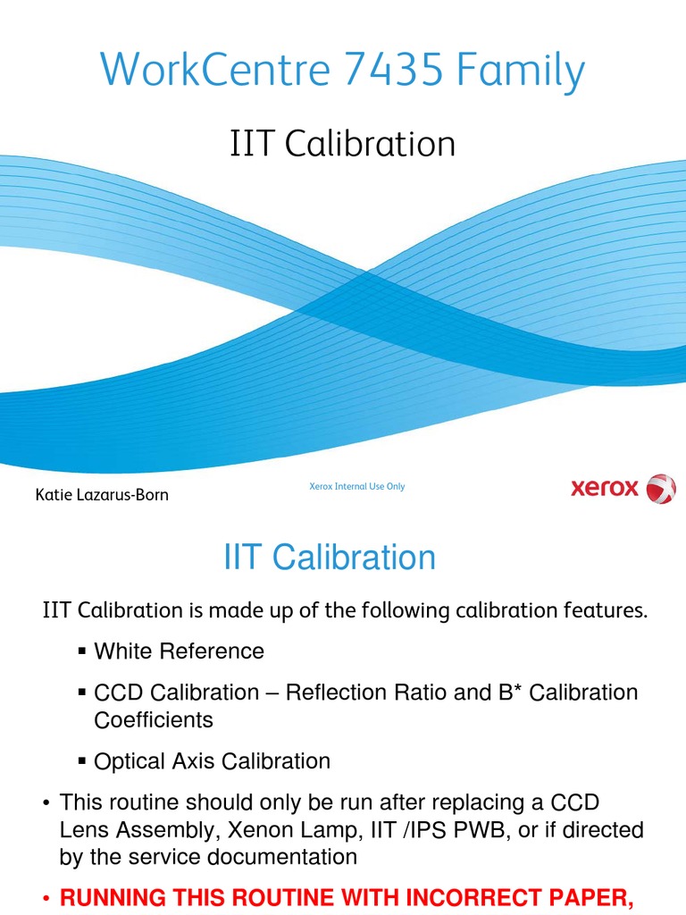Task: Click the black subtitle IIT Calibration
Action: pos(343,144)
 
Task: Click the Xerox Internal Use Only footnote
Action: pos(356,486)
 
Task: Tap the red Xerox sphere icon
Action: pos(661,489)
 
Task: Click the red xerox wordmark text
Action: pos(605,489)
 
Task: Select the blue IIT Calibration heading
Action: pos(330,558)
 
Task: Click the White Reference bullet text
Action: pos(179,651)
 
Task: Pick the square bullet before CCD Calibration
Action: pos(82,693)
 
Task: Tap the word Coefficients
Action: pos(154,719)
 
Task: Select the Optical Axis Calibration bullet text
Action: pos(212,761)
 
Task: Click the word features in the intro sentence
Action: pos(600,611)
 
